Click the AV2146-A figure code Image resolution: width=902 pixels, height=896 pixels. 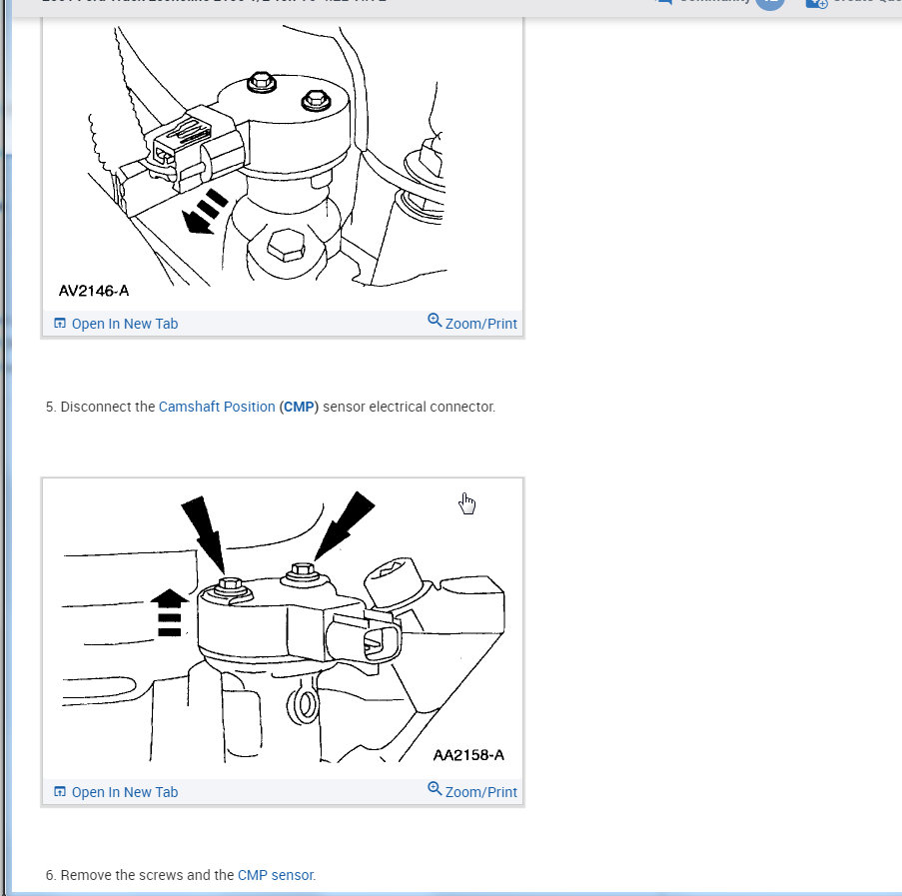tap(93, 291)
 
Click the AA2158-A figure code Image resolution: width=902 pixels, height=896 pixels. tap(468, 755)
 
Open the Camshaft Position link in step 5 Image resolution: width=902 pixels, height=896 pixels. tap(217, 408)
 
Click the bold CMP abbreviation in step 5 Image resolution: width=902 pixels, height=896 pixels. tap(299, 408)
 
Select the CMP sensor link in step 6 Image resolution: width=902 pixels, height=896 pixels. tap(276, 875)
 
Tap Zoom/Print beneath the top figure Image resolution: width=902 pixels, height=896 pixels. tap(472, 324)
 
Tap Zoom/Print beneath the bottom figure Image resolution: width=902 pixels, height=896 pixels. tap(472, 792)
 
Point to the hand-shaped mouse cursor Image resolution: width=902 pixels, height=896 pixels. tap(466, 503)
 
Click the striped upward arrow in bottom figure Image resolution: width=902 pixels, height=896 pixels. tap(170, 611)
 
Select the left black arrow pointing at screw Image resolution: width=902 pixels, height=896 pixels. tap(204, 535)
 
